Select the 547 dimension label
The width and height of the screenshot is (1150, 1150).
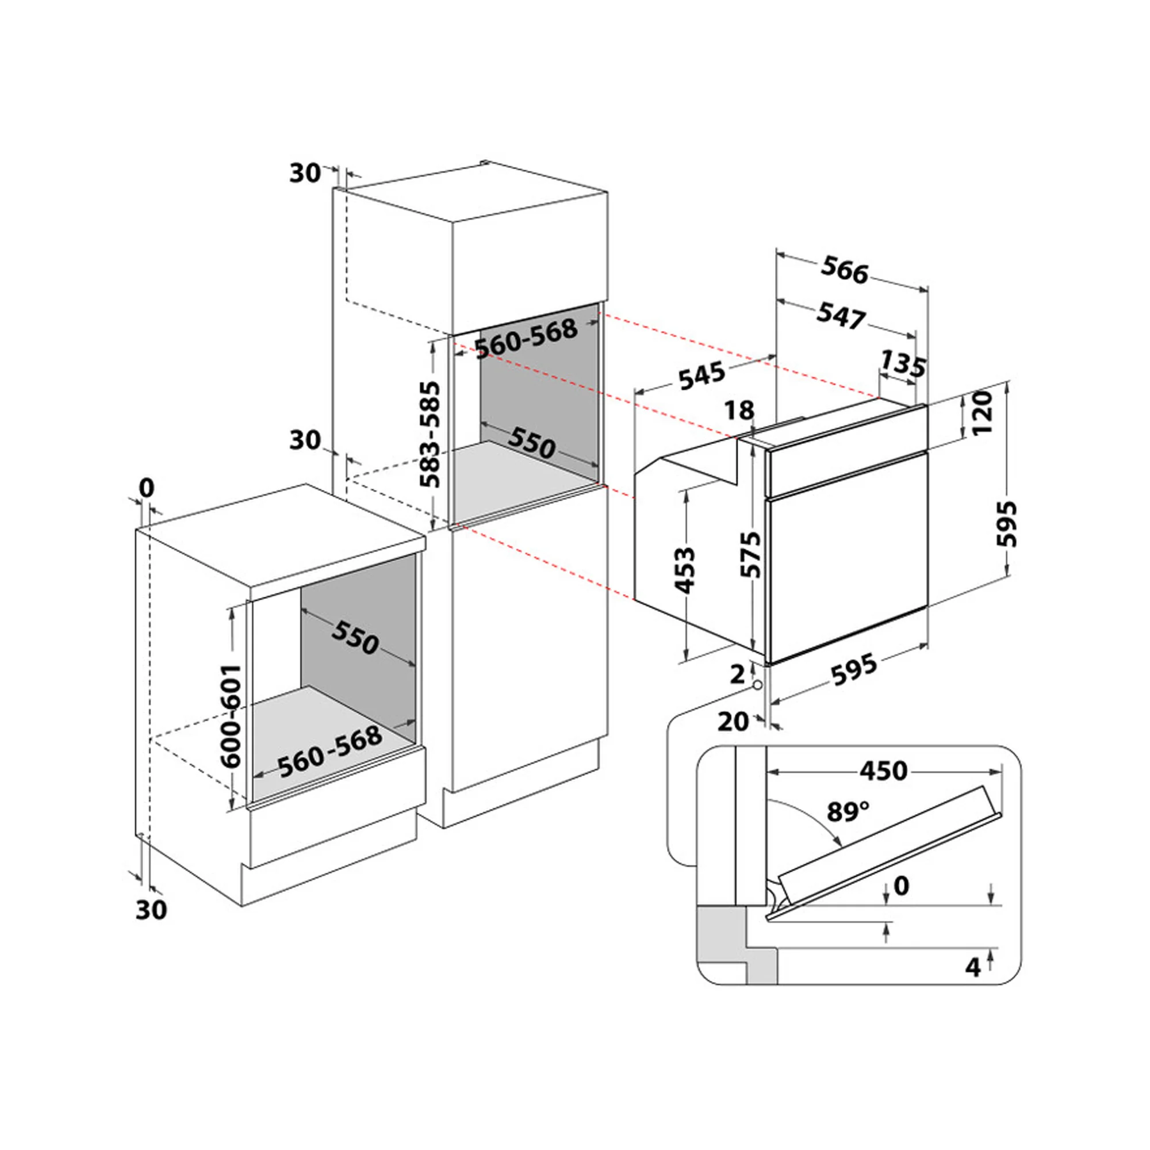click(x=841, y=316)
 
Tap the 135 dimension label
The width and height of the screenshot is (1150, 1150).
click(x=903, y=365)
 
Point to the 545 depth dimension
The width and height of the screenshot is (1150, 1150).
click(x=703, y=375)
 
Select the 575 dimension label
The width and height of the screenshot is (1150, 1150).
click(x=750, y=555)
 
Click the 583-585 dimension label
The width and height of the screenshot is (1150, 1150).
click(x=430, y=434)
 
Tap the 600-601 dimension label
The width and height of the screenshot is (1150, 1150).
click(x=231, y=716)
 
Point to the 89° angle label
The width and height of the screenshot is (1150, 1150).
click(x=848, y=811)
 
